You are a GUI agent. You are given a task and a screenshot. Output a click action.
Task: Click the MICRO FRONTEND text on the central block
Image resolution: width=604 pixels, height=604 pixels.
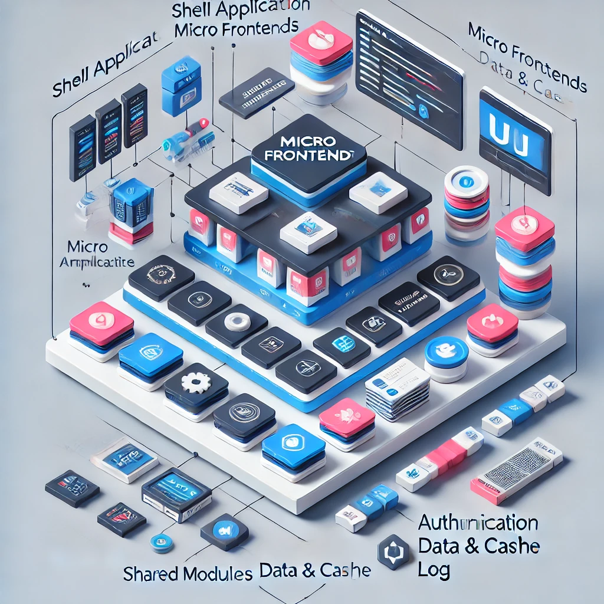tap(309, 149)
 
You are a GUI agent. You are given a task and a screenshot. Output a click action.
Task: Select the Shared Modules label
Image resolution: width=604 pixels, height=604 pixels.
tap(188, 573)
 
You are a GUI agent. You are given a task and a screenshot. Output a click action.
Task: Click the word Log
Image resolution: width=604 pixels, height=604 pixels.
tap(434, 570)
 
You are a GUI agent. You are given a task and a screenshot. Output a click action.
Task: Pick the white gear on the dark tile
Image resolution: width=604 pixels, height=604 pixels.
tap(195, 382)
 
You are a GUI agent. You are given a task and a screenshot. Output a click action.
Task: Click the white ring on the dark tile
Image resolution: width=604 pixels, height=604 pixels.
tap(237, 321)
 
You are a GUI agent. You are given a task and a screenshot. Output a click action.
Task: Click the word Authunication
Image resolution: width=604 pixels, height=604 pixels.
tap(478, 523)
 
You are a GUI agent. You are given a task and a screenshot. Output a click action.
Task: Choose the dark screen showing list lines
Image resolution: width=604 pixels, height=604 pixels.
tap(409, 76)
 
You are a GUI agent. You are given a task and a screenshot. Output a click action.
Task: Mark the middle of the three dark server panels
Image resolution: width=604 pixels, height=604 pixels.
tap(109, 130)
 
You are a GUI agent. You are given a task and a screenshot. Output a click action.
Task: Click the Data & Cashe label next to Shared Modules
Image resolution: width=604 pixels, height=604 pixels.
tap(315, 570)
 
